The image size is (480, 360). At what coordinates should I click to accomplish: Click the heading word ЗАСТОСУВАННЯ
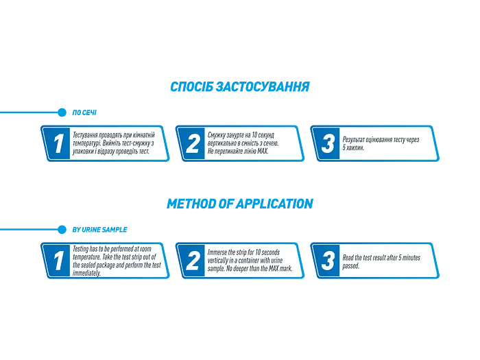[263, 86]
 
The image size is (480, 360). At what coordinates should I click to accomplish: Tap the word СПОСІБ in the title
[191, 86]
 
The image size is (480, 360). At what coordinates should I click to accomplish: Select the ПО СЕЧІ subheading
[84, 112]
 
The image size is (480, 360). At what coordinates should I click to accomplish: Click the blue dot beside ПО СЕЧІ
[62, 112]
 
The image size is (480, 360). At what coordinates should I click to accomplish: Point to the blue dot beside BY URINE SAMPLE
[62, 230]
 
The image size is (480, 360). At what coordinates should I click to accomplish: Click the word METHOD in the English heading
[191, 204]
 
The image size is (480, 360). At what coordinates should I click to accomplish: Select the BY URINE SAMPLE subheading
[99, 230]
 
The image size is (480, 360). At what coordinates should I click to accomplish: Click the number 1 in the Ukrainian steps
[58, 143]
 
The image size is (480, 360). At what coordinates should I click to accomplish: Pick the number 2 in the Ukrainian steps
[193, 143]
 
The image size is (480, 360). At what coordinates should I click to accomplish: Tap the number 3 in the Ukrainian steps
[328, 143]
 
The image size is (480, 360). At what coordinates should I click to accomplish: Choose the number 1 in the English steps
[58, 261]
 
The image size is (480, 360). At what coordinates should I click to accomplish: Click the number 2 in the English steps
[193, 261]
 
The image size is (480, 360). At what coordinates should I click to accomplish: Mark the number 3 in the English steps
[328, 261]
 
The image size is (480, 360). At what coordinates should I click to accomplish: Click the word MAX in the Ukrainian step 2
[263, 152]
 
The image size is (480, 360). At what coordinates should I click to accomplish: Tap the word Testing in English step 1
[80, 249]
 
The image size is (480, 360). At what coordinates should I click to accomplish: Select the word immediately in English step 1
[86, 273]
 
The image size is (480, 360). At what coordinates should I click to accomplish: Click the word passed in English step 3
[350, 266]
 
